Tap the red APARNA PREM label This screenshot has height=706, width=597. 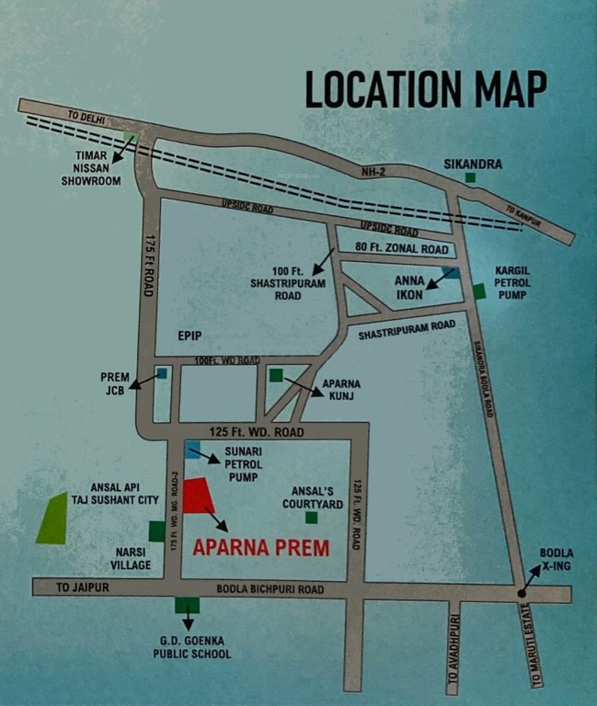point(260,549)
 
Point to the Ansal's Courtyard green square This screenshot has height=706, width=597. point(312,518)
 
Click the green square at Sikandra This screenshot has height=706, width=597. point(471,177)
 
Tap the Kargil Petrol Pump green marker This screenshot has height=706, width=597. point(478,292)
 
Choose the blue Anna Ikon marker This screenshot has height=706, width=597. point(451,272)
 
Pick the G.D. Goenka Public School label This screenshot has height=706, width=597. point(192,647)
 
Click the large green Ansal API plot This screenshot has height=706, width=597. point(53,519)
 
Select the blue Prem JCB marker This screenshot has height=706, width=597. point(162,374)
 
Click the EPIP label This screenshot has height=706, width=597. point(190,337)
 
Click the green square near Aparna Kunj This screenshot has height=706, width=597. point(276,375)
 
